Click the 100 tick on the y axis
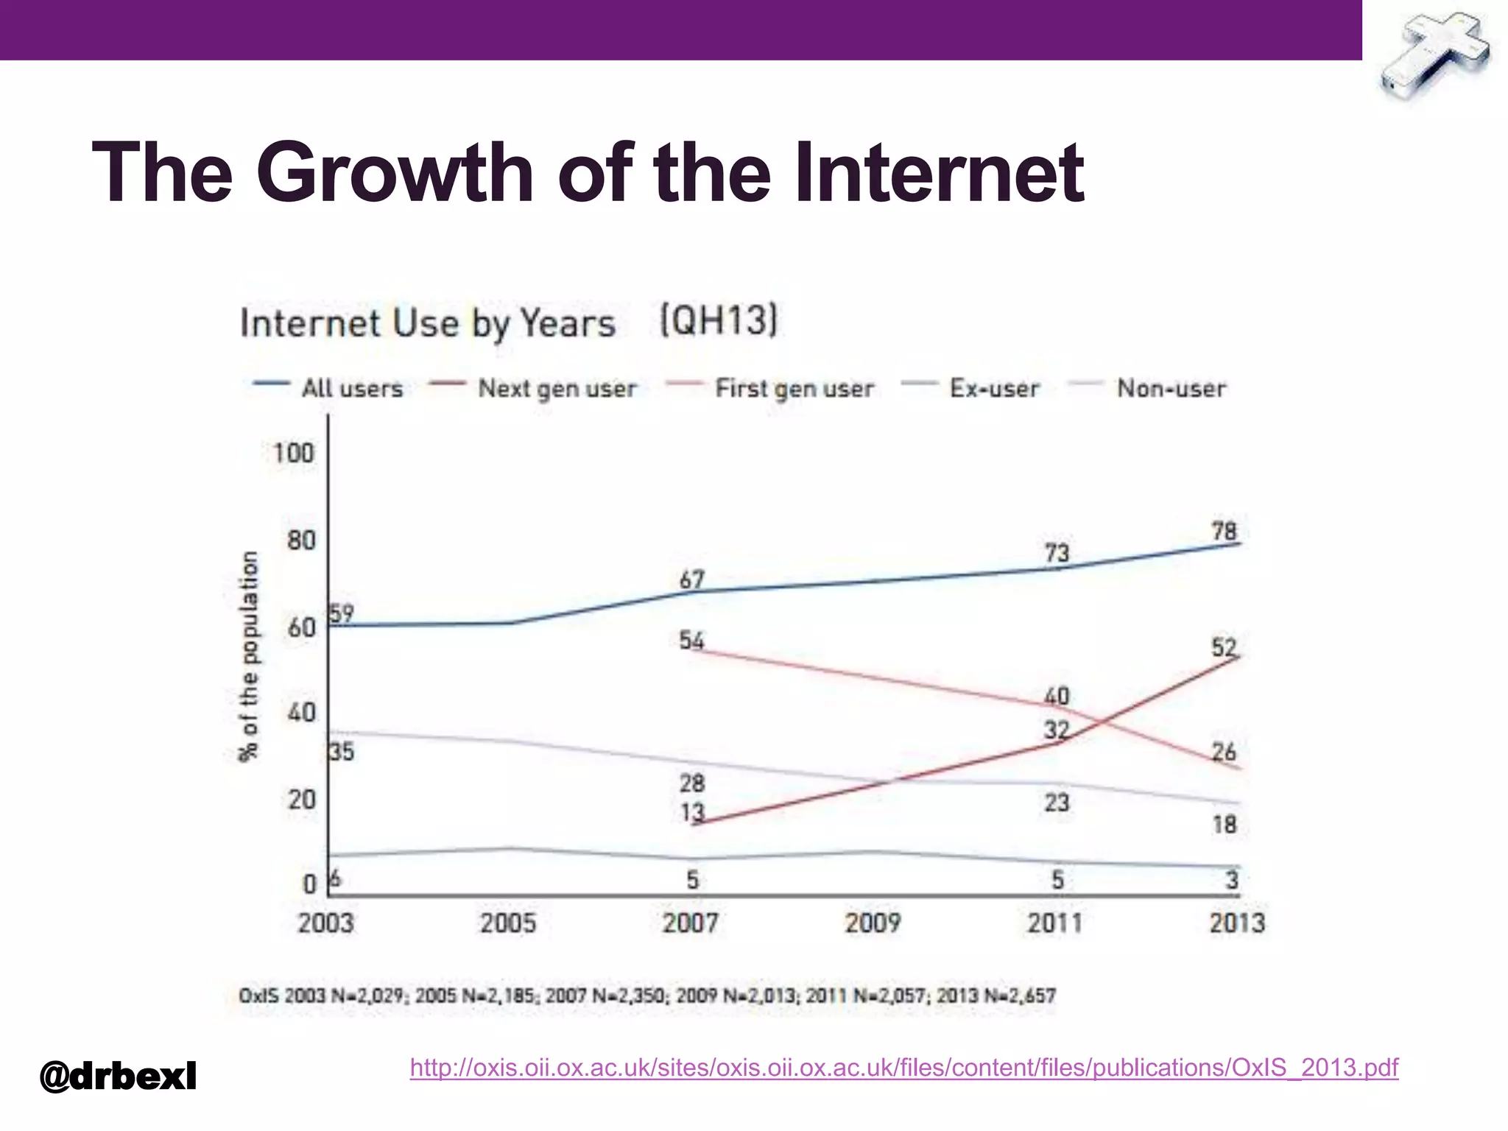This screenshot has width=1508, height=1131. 293,452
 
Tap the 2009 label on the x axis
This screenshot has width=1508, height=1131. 873,923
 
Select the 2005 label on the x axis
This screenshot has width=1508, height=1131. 508,923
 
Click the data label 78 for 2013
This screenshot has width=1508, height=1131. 1225,531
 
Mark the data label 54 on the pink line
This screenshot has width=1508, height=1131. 691,640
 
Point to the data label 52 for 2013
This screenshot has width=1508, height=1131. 1225,647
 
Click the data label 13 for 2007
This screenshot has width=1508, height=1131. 692,812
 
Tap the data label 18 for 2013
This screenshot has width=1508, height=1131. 1225,824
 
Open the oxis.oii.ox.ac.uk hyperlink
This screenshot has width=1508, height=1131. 903,1067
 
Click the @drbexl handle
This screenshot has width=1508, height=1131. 118,1077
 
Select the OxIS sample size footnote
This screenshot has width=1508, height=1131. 646,996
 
